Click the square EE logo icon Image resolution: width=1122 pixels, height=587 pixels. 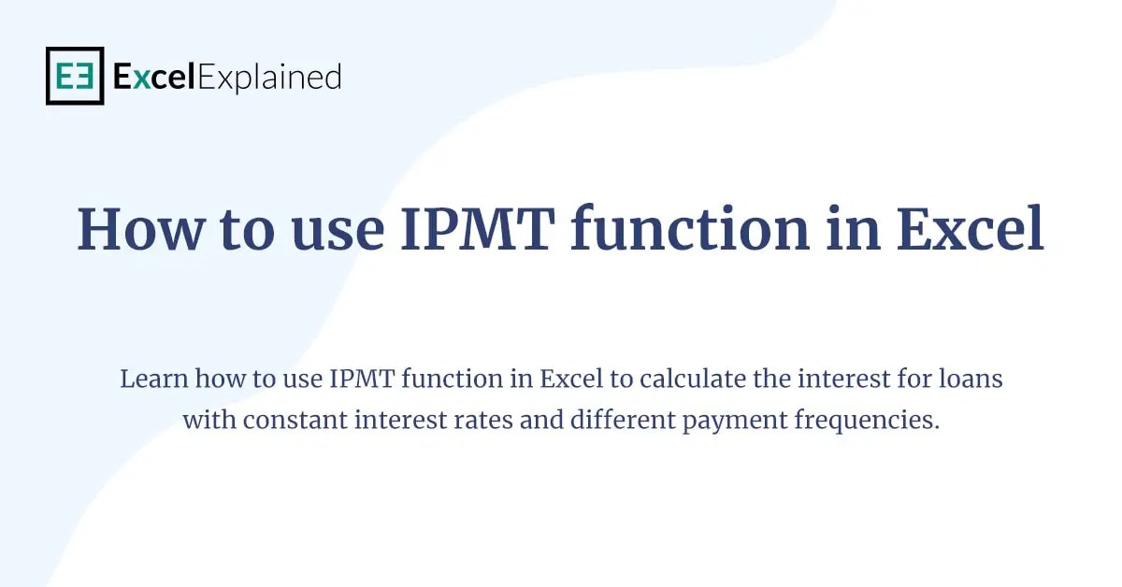75,76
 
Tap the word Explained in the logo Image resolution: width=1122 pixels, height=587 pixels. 269,77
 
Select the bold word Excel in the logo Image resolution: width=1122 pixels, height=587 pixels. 154,77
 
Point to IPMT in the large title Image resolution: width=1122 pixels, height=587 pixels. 474,229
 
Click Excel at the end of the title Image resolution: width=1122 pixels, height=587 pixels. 970,229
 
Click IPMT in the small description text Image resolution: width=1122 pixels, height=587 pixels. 351,379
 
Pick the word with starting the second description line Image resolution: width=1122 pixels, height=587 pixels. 209,421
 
